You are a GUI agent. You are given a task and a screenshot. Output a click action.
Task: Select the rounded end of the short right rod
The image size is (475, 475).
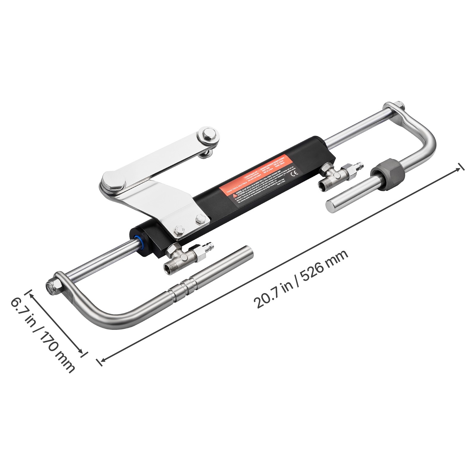[x=331, y=205]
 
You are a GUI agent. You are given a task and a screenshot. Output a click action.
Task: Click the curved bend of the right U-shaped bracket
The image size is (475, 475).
[x=427, y=140]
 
